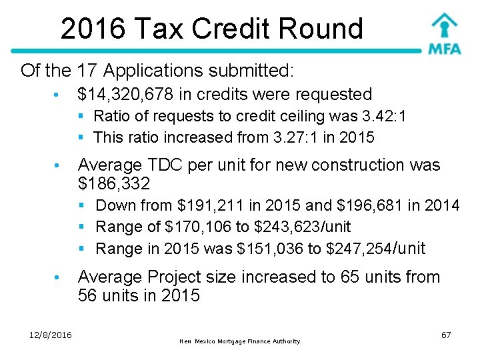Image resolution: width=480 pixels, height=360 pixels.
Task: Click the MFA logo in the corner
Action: pos(444,33)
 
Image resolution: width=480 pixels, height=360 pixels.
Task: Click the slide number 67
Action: pos(446,335)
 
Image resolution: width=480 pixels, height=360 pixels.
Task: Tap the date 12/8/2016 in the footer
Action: pos(51,335)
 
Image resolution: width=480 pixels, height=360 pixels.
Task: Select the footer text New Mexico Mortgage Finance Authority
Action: pos(240,341)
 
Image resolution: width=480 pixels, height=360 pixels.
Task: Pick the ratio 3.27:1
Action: pos(301,138)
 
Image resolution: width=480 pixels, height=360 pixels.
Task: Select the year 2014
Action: pos(443,205)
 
